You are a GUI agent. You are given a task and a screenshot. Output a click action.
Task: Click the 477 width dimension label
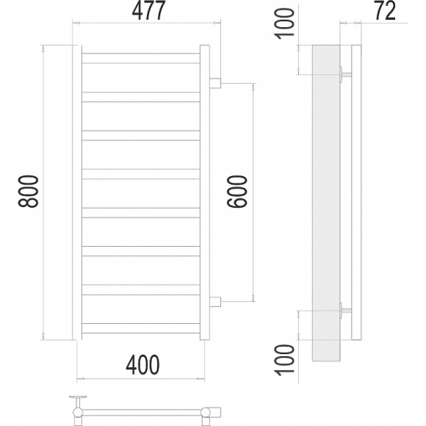tap(148, 11)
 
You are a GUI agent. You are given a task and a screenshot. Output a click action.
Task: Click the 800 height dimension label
tap(28, 192)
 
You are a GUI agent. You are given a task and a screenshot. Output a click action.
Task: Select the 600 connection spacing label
tap(237, 192)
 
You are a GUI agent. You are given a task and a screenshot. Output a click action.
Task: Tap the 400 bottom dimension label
tap(142, 364)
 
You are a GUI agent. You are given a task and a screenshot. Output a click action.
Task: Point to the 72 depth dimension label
tap(386, 11)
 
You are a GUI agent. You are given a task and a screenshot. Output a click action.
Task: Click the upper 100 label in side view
tap(285, 24)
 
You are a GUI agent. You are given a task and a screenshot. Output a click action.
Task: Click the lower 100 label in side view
tap(285, 360)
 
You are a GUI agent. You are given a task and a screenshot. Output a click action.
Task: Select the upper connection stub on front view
tap(215, 83)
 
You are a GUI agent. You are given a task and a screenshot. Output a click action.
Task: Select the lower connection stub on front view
tap(215, 302)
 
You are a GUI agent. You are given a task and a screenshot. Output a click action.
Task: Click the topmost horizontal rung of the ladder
tap(141, 59)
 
